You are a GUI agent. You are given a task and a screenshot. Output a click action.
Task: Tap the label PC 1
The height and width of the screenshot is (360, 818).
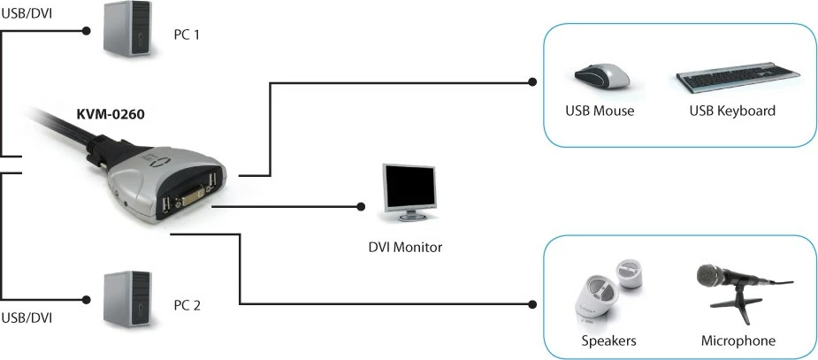click(187, 37)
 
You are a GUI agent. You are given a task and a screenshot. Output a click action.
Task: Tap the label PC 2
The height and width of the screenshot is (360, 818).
click(187, 305)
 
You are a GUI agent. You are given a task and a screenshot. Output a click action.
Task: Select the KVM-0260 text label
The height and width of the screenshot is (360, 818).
click(110, 113)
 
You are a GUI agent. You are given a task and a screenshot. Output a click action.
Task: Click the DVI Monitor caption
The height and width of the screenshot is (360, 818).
click(405, 248)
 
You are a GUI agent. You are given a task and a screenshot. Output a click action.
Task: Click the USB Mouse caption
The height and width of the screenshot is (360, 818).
click(600, 111)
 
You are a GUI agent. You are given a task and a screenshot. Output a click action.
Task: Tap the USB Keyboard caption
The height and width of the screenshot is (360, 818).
click(732, 111)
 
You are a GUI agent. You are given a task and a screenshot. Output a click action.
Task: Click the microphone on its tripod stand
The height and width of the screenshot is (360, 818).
click(736, 287)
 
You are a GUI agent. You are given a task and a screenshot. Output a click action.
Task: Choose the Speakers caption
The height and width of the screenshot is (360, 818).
click(608, 341)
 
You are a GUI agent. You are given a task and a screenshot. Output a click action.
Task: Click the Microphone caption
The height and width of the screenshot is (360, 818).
click(738, 341)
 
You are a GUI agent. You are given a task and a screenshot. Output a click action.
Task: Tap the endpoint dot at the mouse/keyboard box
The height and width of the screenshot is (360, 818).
click(531, 83)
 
